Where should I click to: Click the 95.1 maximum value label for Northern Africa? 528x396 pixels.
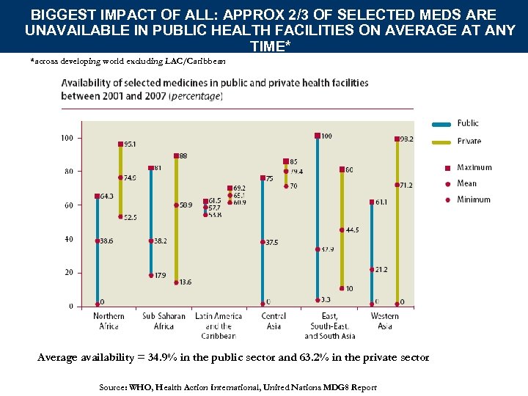coord(129,144)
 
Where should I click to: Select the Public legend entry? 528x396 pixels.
coord(467,123)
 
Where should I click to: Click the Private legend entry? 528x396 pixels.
coord(469,141)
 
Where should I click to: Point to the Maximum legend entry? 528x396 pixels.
coord(474,168)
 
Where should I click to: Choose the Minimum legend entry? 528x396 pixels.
coord(473,199)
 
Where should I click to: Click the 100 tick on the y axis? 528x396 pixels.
coord(66,138)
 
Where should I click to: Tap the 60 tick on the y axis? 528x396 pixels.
coord(68,205)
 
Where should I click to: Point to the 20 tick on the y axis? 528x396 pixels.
coord(68,273)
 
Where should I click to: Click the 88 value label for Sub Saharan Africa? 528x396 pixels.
coord(183,155)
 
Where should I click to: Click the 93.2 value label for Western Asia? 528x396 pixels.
coord(405,139)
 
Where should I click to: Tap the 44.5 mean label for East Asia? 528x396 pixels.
coord(352,230)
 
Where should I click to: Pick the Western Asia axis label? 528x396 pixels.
coord(385,321)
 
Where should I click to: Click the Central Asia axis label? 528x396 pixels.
coord(273,321)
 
